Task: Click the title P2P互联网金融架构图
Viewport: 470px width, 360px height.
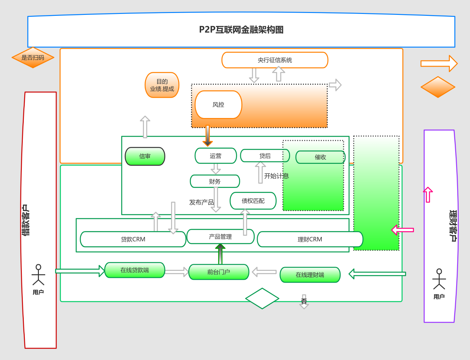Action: pyautogui.click(x=241, y=30)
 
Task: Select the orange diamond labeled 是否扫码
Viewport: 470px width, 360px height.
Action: pyautogui.click(x=33, y=58)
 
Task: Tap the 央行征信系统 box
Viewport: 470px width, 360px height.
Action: pyautogui.click(x=275, y=60)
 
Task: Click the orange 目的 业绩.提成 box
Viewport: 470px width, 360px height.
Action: pyautogui.click(x=162, y=85)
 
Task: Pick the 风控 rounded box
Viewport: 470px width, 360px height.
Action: pyautogui.click(x=218, y=105)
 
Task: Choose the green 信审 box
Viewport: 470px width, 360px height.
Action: pyautogui.click(x=145, y=156)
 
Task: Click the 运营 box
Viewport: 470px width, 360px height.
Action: pyautogui.click(x=216, y=156)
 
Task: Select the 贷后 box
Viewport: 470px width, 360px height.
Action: pyautogui.click(x=265, y=156)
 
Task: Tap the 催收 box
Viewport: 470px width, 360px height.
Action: pyautogui.click(x=320, y=157)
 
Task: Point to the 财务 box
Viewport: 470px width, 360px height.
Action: pyautogui.click(x=215, y=181)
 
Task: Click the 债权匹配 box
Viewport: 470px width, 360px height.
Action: pyautogui.click(x=253, y=201)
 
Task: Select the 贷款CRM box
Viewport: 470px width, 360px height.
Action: pyautogui.click(x=133, y=239)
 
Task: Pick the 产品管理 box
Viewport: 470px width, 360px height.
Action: pyautogui.click(x=220, y=237)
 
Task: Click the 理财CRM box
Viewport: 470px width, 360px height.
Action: pyautogui.click(x=310, y=239)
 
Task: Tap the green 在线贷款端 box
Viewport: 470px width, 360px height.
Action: pyautogui.click(x=135, y=270)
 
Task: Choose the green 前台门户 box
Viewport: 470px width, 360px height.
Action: pyautogui.click(x=218, y=272)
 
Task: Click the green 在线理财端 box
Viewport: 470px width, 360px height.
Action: pyautogui.click(x=310, y=275)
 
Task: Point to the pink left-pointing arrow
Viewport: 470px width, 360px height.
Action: pyautogui.click(x=402, y=230)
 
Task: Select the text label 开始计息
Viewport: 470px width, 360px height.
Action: pyautogui.click(x=276, y=176)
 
